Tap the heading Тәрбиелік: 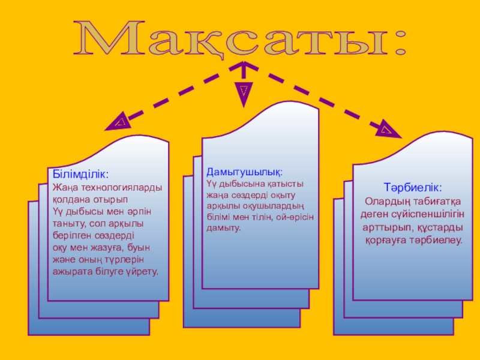coord(413,188)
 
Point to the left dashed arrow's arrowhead coord(118,123)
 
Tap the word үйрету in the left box coord(142,271)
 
